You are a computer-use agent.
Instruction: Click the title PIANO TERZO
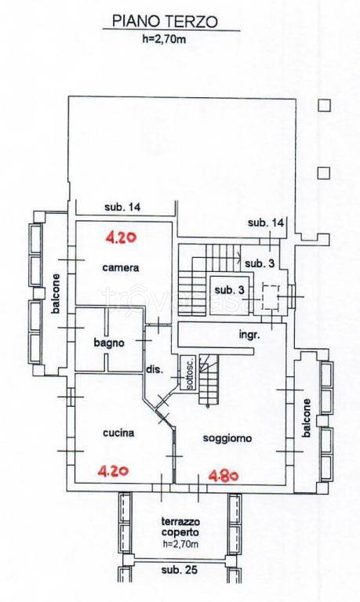pos(165,21)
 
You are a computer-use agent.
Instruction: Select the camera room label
pos(121,267)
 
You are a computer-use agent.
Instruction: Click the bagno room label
pos(109,343)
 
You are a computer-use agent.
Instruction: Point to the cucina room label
pos(118,433)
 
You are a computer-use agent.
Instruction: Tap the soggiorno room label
pos(227,438)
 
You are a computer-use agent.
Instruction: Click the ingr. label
pos(249,335)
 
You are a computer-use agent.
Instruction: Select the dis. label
pos(155,371)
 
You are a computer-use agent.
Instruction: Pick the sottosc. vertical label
pos(190,373)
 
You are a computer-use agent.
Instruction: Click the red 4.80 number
pos(224,476)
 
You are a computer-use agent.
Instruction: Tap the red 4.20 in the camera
pos(121,238)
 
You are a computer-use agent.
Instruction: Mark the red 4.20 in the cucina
pos(113,470)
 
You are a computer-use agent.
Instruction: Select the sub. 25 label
pos(180,570)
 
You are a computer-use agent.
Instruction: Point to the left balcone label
pos(56,293)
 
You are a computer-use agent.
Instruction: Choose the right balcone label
pos(306,418)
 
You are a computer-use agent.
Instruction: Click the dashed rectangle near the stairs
pos(271,297)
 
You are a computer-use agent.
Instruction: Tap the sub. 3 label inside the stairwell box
pos(229,290)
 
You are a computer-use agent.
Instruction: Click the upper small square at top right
pos(324,105)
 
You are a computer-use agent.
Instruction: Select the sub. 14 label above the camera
pos(122,207)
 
